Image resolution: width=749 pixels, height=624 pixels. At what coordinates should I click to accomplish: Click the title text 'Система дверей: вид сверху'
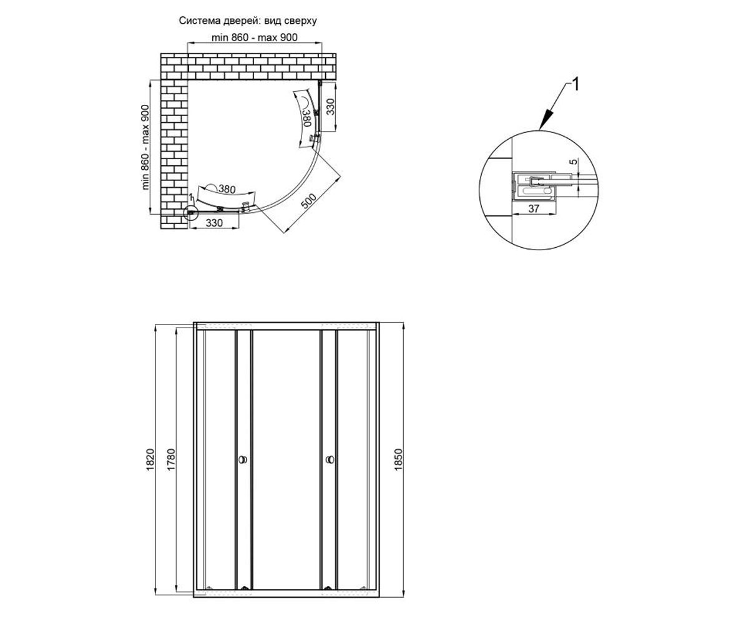(x=248, y=21)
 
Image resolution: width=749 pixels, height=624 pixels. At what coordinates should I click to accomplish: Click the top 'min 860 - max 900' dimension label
(x=254, y=37)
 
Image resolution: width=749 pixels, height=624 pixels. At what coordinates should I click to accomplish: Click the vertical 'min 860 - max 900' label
(x=145, y=147)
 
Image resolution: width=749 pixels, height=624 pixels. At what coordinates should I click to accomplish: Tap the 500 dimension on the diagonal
(x=308, y=201)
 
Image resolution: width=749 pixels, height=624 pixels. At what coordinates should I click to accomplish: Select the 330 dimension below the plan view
(x=214, y=223)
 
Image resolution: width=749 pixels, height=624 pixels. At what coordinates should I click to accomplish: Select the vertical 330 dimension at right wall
(x=331, y=107)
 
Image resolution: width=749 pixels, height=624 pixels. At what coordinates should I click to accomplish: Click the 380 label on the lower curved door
(x=227, y=188)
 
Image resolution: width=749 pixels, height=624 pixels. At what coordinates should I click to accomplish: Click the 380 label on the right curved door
(x=306, y=119)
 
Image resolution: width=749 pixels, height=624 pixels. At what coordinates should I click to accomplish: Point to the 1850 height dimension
(x=399, y=460)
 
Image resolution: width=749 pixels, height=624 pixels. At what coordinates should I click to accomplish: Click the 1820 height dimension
(x=150, y=460)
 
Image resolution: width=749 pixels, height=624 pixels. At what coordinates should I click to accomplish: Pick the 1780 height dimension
(x=171, y=460)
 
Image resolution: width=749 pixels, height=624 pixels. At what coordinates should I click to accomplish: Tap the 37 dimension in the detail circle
(x=534, y=208)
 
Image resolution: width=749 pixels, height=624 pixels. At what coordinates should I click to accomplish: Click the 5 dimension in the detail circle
(x=574, y=162)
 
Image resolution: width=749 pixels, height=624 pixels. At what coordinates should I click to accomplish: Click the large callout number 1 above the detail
(x=575, y=85)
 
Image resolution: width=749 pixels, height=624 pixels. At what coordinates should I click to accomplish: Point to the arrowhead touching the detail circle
(x=546, y=120)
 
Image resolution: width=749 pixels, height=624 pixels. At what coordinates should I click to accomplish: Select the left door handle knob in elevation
(x=243, y=459)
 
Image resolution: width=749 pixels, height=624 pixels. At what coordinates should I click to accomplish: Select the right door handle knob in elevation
(x=330, y=459)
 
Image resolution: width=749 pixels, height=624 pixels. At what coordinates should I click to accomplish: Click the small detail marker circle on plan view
(x=190, y=213)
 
